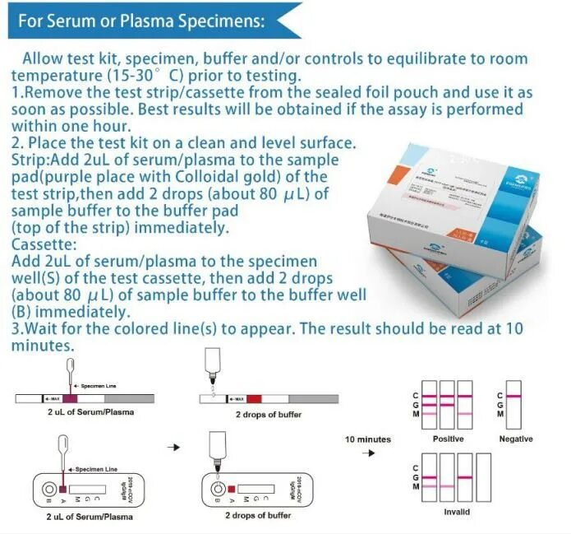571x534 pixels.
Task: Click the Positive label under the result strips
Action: (x=449, y=439)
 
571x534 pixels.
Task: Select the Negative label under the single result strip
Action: (x=515, y=439)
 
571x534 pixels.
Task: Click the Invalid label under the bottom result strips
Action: (x=457, y=512)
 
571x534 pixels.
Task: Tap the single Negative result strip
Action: (x=515, y=401)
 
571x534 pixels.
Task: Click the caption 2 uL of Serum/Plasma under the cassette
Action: (x=90, y=517)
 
